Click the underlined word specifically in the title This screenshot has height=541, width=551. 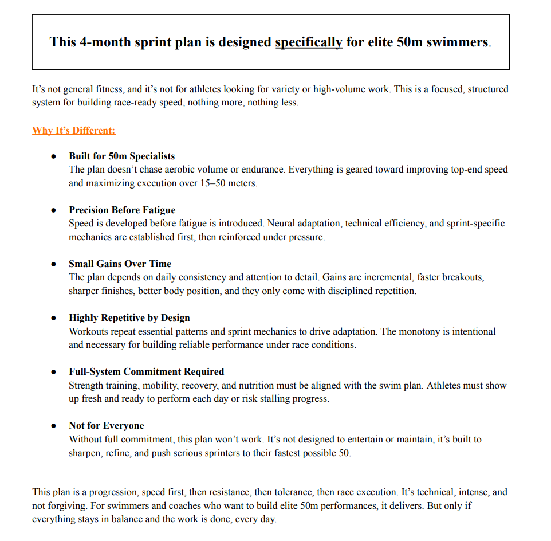309,42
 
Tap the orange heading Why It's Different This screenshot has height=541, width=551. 73,131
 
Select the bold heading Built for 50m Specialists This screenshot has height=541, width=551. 121,156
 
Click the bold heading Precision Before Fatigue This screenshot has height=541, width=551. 122,210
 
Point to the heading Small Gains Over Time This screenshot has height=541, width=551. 120,264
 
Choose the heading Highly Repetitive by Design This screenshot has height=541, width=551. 129,317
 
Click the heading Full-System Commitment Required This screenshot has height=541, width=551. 146,371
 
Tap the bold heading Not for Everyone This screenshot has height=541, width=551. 106,425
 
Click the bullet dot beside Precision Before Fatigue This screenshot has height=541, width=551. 54,210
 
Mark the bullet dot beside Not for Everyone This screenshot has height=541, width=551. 54,426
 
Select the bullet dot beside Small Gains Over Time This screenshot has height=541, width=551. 54,264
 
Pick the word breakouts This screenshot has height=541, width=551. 464,277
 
